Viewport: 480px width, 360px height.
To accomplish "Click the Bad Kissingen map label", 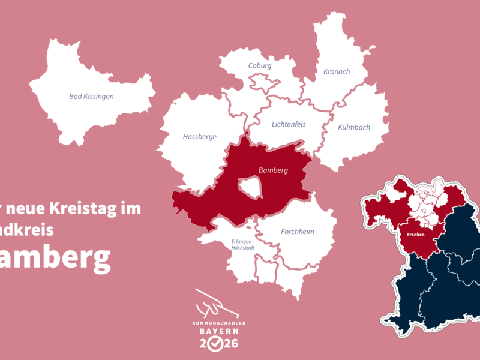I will pos(91,96).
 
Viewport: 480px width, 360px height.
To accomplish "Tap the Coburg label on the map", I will pos(260,65).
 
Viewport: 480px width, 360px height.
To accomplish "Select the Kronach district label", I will pos(337,72).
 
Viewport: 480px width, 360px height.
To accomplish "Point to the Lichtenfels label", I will pos(289,124).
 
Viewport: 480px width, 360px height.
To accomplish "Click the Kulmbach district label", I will pos(354,127).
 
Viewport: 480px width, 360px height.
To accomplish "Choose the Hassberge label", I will pos(199,136).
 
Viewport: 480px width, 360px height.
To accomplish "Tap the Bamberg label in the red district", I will pos(273,170).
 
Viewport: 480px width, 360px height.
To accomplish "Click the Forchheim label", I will pos(298,232).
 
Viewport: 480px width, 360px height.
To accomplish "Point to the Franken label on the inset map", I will pos(416,235).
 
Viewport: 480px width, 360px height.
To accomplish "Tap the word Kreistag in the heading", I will pos(87,209).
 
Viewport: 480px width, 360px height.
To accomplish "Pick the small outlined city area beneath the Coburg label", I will pos(262,80).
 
